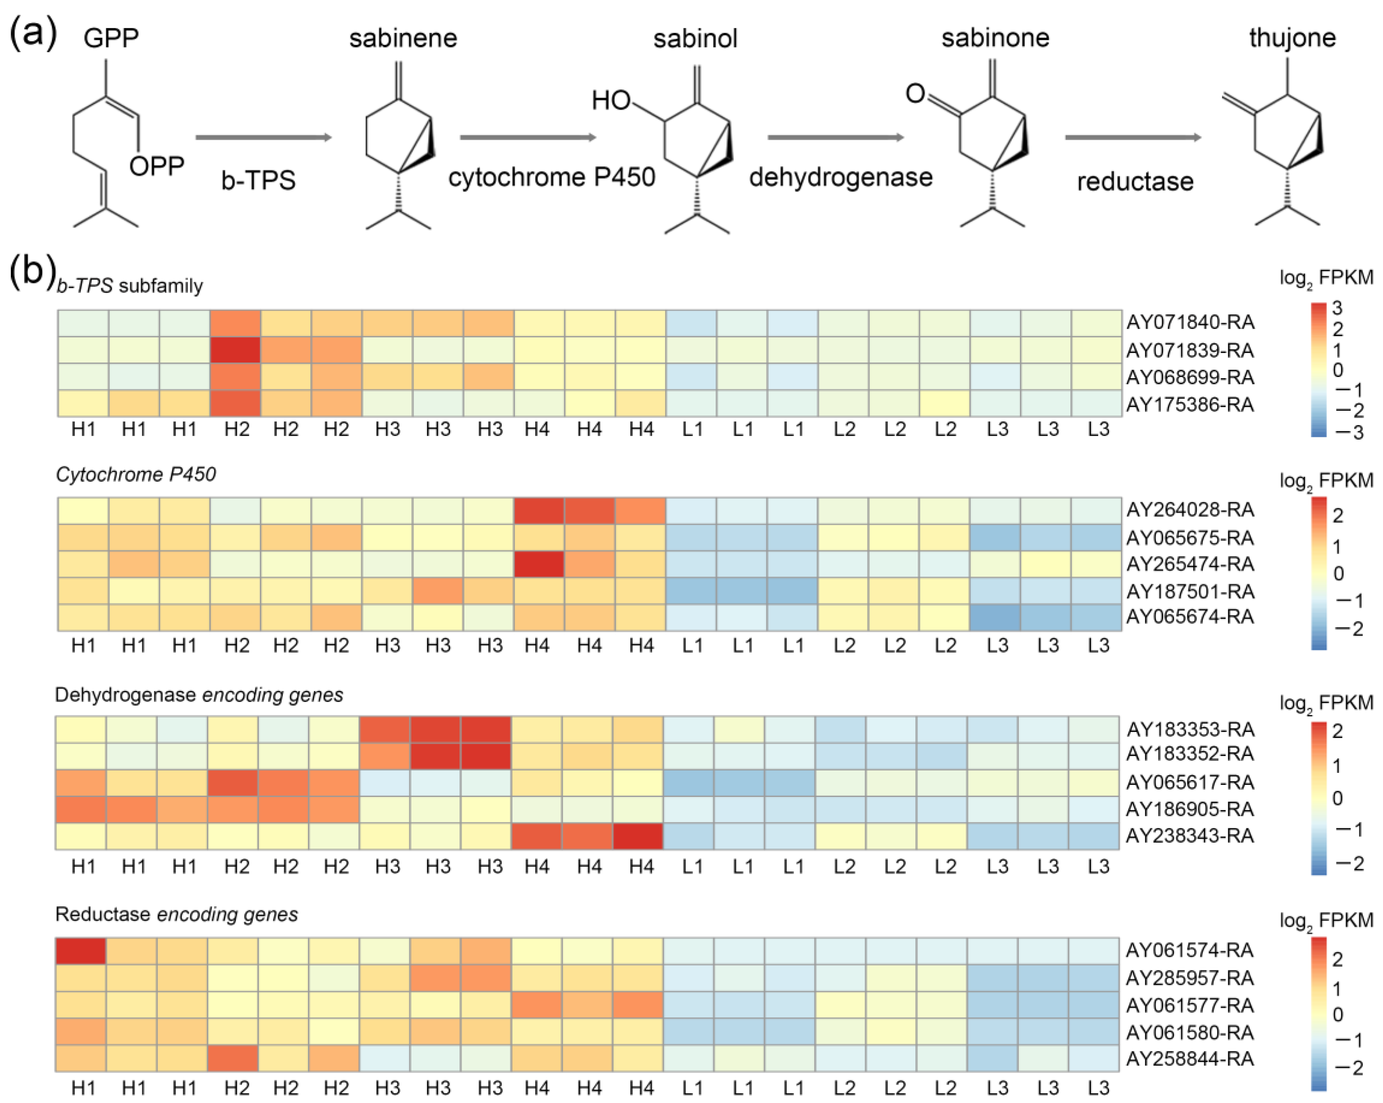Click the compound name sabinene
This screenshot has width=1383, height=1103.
[403, 38]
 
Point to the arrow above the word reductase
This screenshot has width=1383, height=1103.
[1133, 137]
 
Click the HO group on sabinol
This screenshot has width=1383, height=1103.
[611, 101]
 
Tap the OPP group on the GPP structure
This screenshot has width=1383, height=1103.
[157, 166]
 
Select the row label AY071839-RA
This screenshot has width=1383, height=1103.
[1190, 350]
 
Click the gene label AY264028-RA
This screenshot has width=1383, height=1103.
[1190, 510]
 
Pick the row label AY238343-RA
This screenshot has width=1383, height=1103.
[1190, 835]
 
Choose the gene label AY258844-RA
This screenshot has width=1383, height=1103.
[1190, 1059]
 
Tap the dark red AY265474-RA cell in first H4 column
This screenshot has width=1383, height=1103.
[538, 564]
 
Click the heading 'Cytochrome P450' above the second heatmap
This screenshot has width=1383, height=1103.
[135, 474]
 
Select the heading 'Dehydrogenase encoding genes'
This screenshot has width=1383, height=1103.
[199, 695]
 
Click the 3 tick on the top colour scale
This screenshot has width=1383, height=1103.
[1337, 309]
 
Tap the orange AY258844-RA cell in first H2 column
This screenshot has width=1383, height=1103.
[233, 1058]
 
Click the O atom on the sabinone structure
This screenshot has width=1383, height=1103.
[915, 94]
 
